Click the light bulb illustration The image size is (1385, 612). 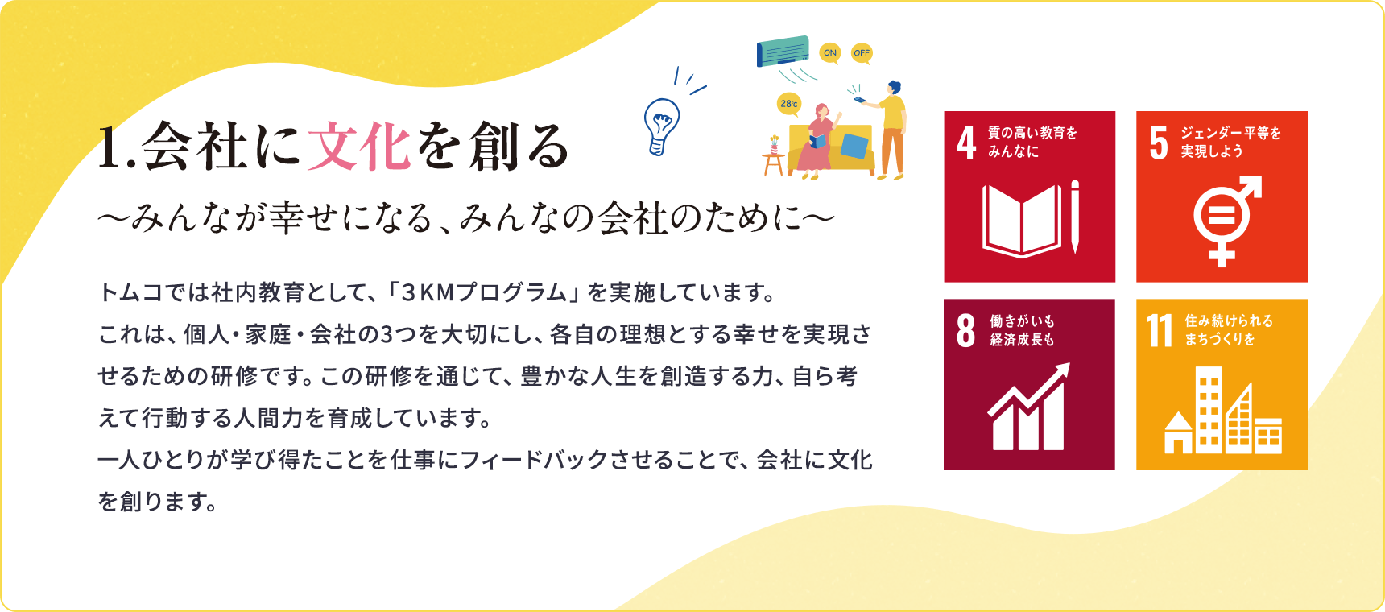(661, 126)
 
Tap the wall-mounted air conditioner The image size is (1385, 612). (783, 51)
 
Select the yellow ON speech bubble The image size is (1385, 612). (829, 53)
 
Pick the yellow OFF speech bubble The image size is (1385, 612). (862, 53)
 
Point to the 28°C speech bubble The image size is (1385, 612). (789, 104)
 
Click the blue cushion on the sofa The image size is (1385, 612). (854, 147)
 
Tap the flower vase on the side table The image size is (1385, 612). (774, 145)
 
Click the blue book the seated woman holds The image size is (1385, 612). (817, 142)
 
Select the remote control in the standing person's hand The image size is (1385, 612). (858, 98)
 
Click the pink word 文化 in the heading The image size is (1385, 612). (358, 147)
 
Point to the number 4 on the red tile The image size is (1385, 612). (966, 143)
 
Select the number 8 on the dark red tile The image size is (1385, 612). (965, 330)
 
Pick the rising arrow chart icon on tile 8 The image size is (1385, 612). (1029, 407)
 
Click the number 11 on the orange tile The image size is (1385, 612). (1160, 330)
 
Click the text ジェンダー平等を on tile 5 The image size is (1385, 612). (1230, 133)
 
